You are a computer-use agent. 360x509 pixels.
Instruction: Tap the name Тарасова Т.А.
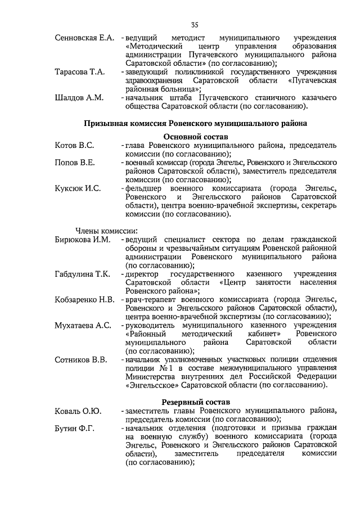click(x=80, y=72)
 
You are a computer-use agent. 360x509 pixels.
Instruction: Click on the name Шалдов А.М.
click(x=79, y=97)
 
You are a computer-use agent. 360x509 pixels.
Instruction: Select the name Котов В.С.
click(x=74, y=146)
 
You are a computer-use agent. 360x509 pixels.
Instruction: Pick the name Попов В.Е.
click(x=74, y=163)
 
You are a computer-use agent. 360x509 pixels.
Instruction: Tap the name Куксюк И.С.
click(x=78, y=188)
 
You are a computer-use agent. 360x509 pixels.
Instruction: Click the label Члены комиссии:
click(x=103, y=231)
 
